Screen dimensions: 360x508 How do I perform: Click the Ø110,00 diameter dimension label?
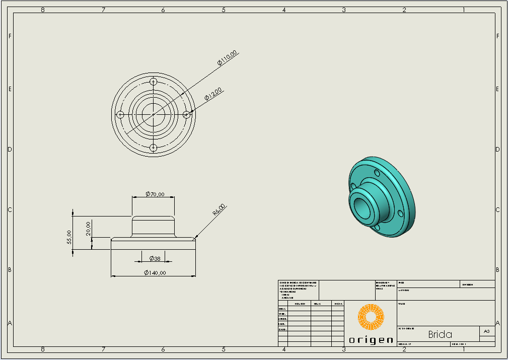pos(227,58)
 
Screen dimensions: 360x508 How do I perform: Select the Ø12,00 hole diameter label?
pos(213,94)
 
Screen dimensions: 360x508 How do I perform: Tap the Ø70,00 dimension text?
pos(155,194)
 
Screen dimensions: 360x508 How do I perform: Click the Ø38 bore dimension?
pos(155,258)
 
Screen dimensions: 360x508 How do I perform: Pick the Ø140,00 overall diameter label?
pos(155,272)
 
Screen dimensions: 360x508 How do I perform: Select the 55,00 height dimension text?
pos(69,237)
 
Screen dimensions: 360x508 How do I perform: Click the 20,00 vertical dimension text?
pos(89,229)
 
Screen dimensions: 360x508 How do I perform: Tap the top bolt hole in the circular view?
pos(154,82)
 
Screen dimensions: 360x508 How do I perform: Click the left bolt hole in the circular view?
pos(120,115)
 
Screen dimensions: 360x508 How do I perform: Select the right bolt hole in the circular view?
pos(186,115)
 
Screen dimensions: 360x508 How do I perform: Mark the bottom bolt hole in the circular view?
pos(154,148)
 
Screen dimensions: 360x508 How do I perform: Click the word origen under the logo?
pos(371,340)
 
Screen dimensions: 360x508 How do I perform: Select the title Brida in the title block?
pos(440,334)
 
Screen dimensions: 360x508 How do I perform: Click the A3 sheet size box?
pos(486,331)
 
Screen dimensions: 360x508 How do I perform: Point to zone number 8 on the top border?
pos(43,10)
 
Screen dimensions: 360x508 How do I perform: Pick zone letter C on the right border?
pos(497,210)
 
